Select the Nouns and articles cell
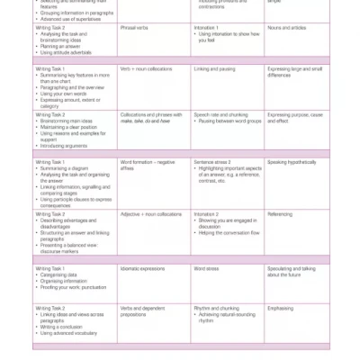coord(285,28)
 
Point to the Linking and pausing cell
coord(215,68)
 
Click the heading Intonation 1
coord(206,28)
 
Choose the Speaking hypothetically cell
coord(292,162)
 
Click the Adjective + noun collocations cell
coord(151,214)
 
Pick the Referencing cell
coord(280,214)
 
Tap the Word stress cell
coord(206,268)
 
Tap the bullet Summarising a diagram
coord(64,167)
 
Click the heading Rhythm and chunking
coord(216,308)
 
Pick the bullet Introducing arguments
coord(63,146)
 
